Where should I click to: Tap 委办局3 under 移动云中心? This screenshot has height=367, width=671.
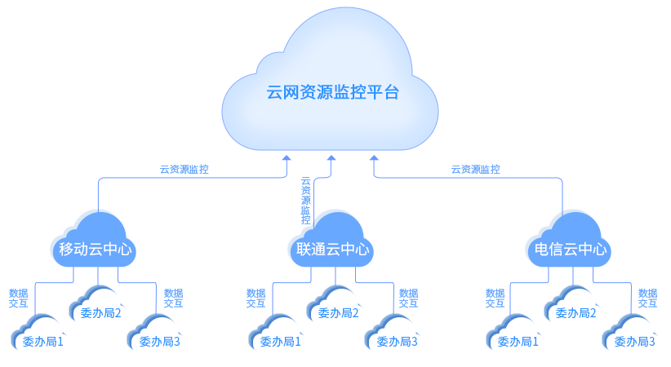click(160, 341)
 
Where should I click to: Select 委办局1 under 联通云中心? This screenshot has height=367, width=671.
click(280, 341)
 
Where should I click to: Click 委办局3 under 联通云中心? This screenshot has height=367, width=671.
click(398, 341)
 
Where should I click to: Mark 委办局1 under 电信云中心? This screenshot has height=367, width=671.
click(518, 341)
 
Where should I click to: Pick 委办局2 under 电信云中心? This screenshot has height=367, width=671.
click(576, 312)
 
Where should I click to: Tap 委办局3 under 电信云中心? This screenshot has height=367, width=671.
click(635, 341)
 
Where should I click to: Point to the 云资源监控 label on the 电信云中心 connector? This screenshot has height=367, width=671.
click(476, 170)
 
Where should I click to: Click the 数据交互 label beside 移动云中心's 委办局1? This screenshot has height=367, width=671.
click(18, 298)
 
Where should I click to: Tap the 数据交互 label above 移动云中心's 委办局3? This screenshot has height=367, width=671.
click(173, 298)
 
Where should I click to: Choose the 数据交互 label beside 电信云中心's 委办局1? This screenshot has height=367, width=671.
click(495, 298)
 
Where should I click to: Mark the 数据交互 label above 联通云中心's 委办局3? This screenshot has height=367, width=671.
click(408, 298)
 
